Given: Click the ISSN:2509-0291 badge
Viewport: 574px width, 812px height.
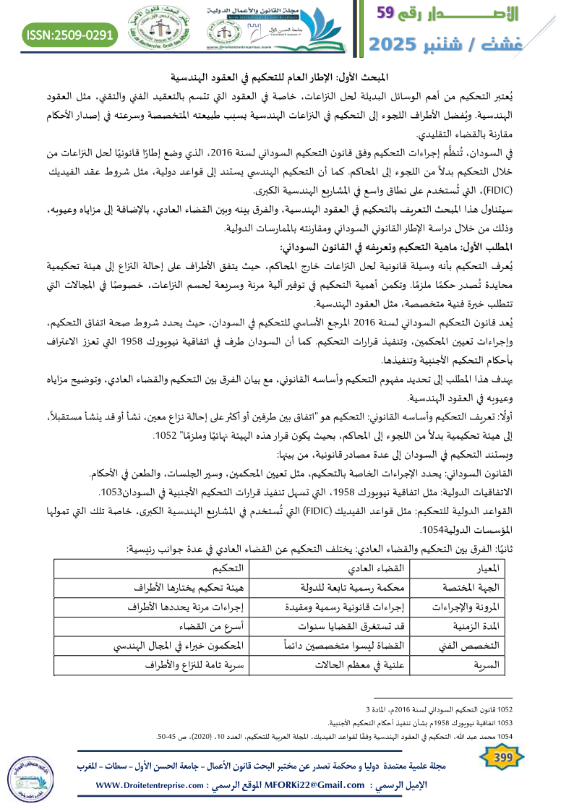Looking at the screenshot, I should (70, 34).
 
